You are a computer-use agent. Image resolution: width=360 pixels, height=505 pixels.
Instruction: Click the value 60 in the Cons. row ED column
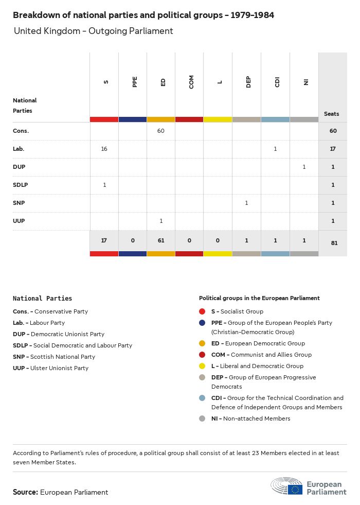[161, 131]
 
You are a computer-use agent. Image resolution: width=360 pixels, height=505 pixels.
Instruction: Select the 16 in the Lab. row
[104, 149]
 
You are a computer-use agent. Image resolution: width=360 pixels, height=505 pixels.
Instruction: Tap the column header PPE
[135, 82]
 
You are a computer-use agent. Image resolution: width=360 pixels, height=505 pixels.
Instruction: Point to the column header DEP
[248, 82]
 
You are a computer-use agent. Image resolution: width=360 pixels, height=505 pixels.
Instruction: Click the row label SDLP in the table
[20, 185]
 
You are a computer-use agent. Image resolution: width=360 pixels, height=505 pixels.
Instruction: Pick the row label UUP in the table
[19, 221]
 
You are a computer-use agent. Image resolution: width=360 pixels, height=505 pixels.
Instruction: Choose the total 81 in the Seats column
[333, 243]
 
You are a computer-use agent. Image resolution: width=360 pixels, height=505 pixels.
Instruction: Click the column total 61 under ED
[161, 240]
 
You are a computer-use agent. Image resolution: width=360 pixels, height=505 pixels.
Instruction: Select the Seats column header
[332, 114]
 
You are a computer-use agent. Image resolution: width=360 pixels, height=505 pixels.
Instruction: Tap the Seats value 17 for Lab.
[333, 149]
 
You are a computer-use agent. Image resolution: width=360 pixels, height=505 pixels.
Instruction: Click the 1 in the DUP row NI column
[304, 167]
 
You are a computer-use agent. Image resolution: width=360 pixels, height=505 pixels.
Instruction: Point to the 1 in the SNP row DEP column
[246, 203]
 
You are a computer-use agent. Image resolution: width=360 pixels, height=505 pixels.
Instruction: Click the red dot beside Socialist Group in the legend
[202, 311]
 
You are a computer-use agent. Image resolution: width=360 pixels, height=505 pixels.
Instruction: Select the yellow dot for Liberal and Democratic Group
[202, 366]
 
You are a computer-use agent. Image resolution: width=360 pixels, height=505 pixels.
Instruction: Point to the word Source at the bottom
[25, 492]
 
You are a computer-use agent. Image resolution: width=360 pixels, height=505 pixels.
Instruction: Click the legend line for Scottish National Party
[54, 357]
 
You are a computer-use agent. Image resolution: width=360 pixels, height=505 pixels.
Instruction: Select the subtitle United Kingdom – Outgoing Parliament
[93, 31]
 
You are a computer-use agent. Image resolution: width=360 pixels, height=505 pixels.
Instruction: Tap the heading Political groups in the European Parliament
[259, 298]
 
